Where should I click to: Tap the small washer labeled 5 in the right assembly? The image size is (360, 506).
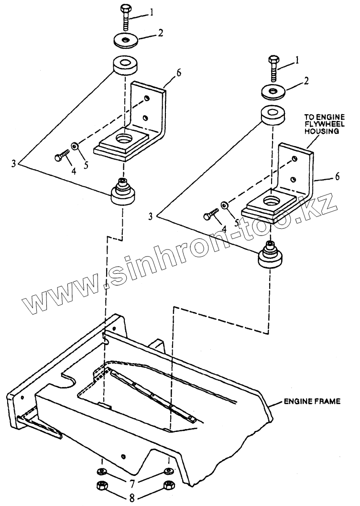223,205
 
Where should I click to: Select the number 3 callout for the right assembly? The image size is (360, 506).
151,216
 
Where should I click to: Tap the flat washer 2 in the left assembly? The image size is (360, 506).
127,40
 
